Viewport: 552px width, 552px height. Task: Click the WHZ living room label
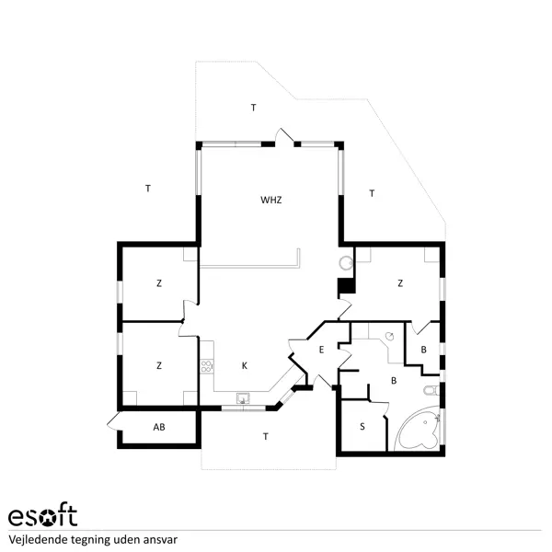pos(270,200)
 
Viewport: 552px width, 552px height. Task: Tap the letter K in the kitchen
pos(244,366)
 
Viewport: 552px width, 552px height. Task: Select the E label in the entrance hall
pos(321,351)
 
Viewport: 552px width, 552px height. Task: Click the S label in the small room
pos(362,426)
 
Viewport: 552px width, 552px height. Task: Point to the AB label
pos(159,428)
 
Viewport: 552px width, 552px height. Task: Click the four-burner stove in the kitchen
pos(207,365)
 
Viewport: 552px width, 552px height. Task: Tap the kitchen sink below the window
pos(244,399)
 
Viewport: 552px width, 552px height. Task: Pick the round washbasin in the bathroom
pos(390,337)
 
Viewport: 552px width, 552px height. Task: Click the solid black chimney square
pos(346,285)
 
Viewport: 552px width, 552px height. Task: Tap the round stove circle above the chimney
pos(345,264)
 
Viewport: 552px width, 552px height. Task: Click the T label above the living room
pos(253,109)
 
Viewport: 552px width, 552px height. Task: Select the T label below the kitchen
pos(266,435)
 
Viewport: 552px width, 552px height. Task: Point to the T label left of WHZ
pos(147,189)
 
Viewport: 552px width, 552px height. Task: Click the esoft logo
pos(42,516)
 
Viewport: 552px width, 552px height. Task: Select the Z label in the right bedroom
pos(400,283)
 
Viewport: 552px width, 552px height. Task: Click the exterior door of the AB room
pos(113,422)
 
